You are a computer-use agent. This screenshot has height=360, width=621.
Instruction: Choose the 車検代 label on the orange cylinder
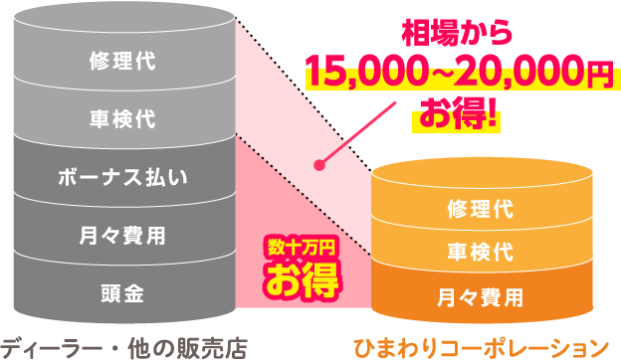pyautogui.click(x=480, y=252)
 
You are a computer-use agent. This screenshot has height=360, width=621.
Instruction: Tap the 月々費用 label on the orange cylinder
pyautogui.click(x=480, y=295)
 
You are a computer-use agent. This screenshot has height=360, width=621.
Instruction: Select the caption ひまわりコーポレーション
pyautogui.click(x=481, y=347)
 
